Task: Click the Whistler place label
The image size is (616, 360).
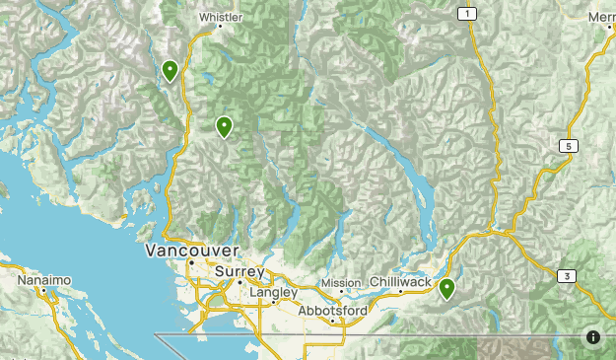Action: pyautogui.click(x=220, y=17)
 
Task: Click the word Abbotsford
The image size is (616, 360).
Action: pyautogui.click(x=333, y=310)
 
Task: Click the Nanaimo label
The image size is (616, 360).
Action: pyautogui.click(x=43, y=281)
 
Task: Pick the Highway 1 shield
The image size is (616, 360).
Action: pyautogui.click(x=467, y=13)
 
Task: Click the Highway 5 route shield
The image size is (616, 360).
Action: pyautogui.click(x=569, y=146)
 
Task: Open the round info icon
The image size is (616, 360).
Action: pyautogui.click(x=593, y=336)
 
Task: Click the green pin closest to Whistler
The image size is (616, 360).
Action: pyautogui.click(x=171, y=70)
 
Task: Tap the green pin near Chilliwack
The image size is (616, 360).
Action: pyautogui.click(x=446, y=289)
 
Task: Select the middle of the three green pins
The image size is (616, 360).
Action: pyautogui.click(x=224, y=126)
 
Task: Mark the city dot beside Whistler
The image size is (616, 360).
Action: pyautogui.click(x=221, y=27)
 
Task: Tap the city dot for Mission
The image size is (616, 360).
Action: pyautogui.click(x=342, y=292)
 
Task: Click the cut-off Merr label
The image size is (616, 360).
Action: pyautogui.click(x=600, y=17)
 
